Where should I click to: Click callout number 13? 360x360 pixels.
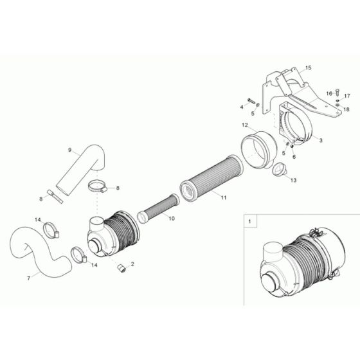tap(294, 181)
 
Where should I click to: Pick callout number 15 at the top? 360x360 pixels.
tap(308, 67)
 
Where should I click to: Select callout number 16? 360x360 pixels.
tap(328, 93)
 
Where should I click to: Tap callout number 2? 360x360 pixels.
tap(132, 264)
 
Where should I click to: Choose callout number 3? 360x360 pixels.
tap(321, 139)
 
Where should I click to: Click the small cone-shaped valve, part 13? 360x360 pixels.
tap(280, 172)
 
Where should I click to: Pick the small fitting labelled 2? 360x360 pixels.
tap(120, 267)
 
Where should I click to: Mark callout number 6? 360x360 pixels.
tap(294, 156)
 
